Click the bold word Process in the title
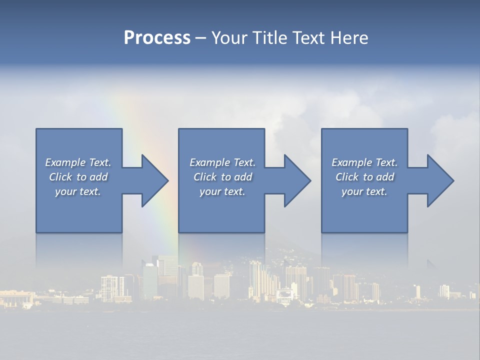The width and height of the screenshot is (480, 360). (x=157, y=38)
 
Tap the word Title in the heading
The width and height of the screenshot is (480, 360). (x=269, y=38)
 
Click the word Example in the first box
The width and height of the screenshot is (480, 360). (x=65, y=162)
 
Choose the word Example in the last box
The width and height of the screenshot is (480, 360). (x=352, y=162)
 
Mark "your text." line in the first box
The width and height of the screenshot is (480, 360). (x=78, y=191)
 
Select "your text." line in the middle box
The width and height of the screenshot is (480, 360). (x=222, y=191)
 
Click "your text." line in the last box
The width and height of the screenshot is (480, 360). (x=364, y=191)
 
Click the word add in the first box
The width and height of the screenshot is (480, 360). (x=99, y=177)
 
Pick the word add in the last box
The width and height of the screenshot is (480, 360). (x=385, y=177)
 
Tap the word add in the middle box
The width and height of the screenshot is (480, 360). (x=243, y=177)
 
